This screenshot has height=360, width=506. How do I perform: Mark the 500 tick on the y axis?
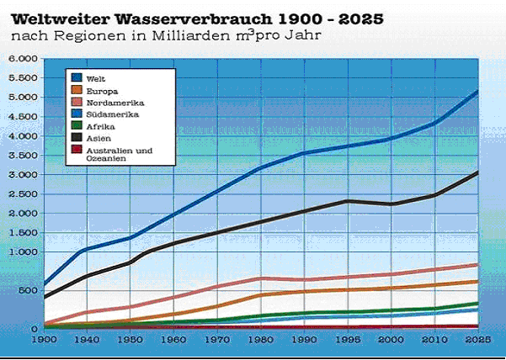(x=28, y=291)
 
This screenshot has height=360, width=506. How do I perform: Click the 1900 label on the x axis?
(x=43, y=340)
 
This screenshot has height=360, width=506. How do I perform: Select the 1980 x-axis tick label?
(x=260, y=340)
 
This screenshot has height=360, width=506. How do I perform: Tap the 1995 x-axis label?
(x=347, y=340)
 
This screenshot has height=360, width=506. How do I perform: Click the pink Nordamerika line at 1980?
(x=260, y=278)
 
